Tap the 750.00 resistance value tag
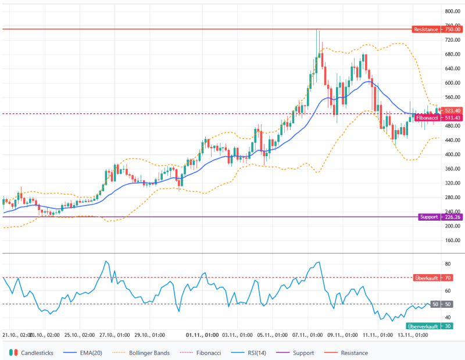453,29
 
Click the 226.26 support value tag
453,217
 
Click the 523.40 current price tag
453,110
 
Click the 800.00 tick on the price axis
453,12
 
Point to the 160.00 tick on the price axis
453,240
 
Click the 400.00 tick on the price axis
453,154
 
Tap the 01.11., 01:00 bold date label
202,335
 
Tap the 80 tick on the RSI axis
449,264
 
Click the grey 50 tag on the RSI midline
435,304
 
